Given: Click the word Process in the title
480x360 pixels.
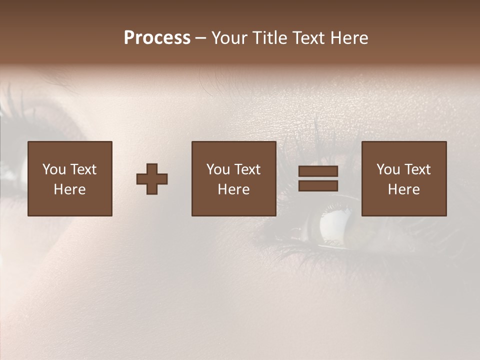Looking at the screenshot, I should pyautogui.click(x=157, y=38).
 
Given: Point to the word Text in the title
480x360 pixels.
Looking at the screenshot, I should pyautogui.click(x=309, y=38).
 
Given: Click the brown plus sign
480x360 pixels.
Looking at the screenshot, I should pyautogui.click(x=152, y=179).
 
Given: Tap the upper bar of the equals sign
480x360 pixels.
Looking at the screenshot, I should pyautogui.click(x=318, y=171).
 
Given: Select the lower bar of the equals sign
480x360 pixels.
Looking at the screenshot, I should pyautogui.click(x=318, y=186).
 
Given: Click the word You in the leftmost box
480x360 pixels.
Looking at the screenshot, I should pyautogui.click(x=54, y=169).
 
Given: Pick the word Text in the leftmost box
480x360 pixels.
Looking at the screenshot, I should pyautogui.click(x=83, y=169).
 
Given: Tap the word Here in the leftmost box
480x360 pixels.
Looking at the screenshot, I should pyautogui.click(x=69, y=189).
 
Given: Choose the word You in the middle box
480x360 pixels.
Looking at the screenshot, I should pyautogui.click(x=218, y=169).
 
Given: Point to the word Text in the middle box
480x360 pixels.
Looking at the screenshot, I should pyautogui.click(x=247, y=169).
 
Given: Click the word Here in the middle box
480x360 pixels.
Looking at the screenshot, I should pyautogui.click(x=233, y=189).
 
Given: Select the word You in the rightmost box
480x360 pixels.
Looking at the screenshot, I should pyautogui.click(x=388, y=169).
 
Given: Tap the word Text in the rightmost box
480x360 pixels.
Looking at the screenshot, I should pyautogui.click(x=417, y=169).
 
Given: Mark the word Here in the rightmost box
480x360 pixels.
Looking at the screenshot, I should pyautogui.click(x=403, y=189).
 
